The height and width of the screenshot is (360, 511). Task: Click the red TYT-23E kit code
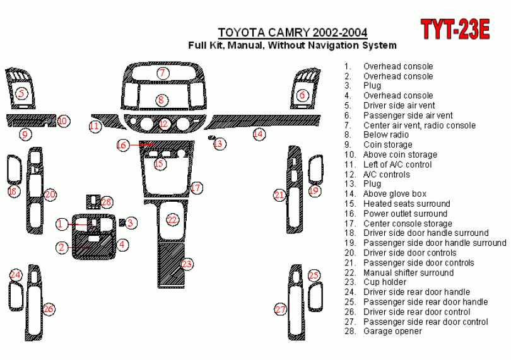(x=455, y=30)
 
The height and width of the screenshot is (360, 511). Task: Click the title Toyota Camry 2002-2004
(x=293, y=33)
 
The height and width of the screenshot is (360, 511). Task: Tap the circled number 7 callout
(x=163, y=73)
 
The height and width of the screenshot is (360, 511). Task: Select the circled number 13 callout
(x=220, y=143)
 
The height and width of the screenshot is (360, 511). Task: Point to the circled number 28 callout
(x=106, y=202)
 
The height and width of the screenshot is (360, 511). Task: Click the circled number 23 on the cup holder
(x=187, y=264)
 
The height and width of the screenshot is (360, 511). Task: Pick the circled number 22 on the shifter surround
(x=172, y=219)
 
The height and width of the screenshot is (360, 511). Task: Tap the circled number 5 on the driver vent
(x=21, y=94)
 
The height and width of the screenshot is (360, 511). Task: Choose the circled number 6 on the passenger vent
(x=302, y=95)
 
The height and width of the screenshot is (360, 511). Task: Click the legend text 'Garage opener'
(x=392, y=332)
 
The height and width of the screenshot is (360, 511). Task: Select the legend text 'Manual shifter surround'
(x=408, y=272)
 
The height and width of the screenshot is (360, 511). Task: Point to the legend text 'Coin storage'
(x=388, y=144)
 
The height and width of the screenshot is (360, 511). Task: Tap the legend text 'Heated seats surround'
(x=407, y=204)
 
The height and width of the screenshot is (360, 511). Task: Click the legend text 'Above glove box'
(x=395, y=194)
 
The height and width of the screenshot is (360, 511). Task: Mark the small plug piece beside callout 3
(x=122, y=223)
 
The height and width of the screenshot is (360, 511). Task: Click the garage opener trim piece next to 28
(x=93, y=202)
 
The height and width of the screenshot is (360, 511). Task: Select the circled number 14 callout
(x=259, y=134)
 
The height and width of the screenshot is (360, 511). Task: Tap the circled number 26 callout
(x=49, y=308)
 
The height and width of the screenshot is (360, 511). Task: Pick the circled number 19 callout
(x=314, y=190)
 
